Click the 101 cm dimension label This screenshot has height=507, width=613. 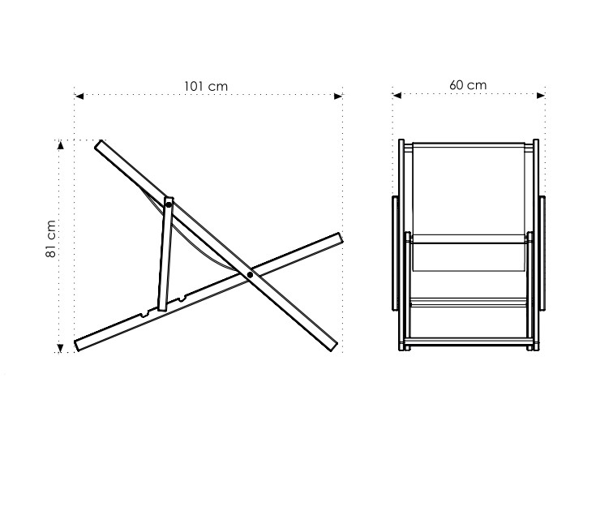pyautogui.click(x=206, y=86)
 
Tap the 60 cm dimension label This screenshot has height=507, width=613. pyautogui.click(x=468, y=85)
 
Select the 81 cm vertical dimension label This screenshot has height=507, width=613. pyautogui.click(x=51, y=238)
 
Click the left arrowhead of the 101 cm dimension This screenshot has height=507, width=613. pyautogui.click(x=79, y=96)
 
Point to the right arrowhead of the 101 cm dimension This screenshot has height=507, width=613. pyautogui.click(x=338, y=96)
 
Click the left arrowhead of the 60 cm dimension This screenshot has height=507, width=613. pyautogui.click(x=397, y=95)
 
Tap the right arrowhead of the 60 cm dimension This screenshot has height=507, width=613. pyautogui.click(x=541, y=95)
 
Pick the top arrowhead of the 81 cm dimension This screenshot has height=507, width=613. pyautogui.click(x=60, y=145)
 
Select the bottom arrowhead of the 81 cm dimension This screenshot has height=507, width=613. pyautogui.click(x=60, y=348)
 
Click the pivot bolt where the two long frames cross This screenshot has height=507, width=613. pyautogui.click(x=250, y=275)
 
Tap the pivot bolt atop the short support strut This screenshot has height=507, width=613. pyautogui.click(x=169, y=204)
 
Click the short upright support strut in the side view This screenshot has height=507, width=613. pyautogui.click(x=165, y=254)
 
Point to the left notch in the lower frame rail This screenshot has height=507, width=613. pyautogui.click(x=144, y=313)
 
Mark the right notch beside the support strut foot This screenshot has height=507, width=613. pyautogui.click(x=182, y=299)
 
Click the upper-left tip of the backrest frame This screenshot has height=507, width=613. pyautogui.click(x=98, y=144)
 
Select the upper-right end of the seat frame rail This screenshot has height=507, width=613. pyautogui.click(x=340, y=237)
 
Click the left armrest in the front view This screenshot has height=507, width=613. pyautogui.click(x=395, y=253)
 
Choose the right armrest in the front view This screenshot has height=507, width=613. pyautogui.click(x=542, y=253)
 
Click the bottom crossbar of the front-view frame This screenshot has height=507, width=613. pyautogui.click(x=469, y=342)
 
